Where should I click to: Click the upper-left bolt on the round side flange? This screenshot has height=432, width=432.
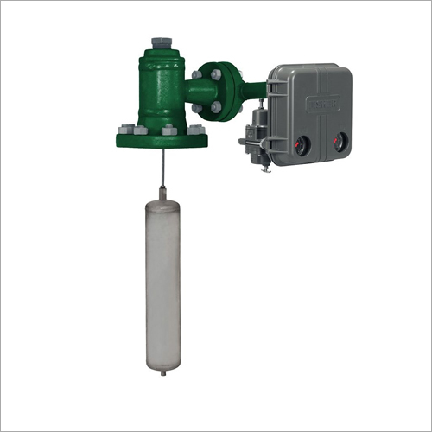[198, 76]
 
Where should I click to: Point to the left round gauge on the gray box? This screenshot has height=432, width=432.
[303, 143]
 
